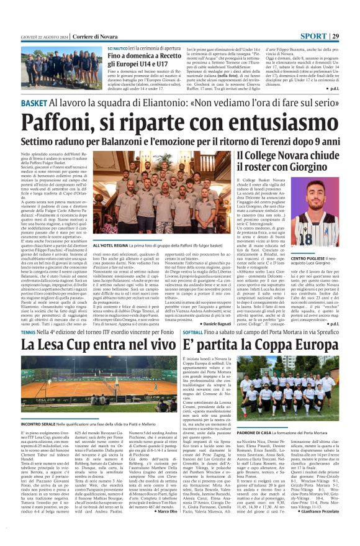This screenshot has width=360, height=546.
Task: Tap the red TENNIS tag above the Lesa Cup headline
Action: point(29,333)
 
